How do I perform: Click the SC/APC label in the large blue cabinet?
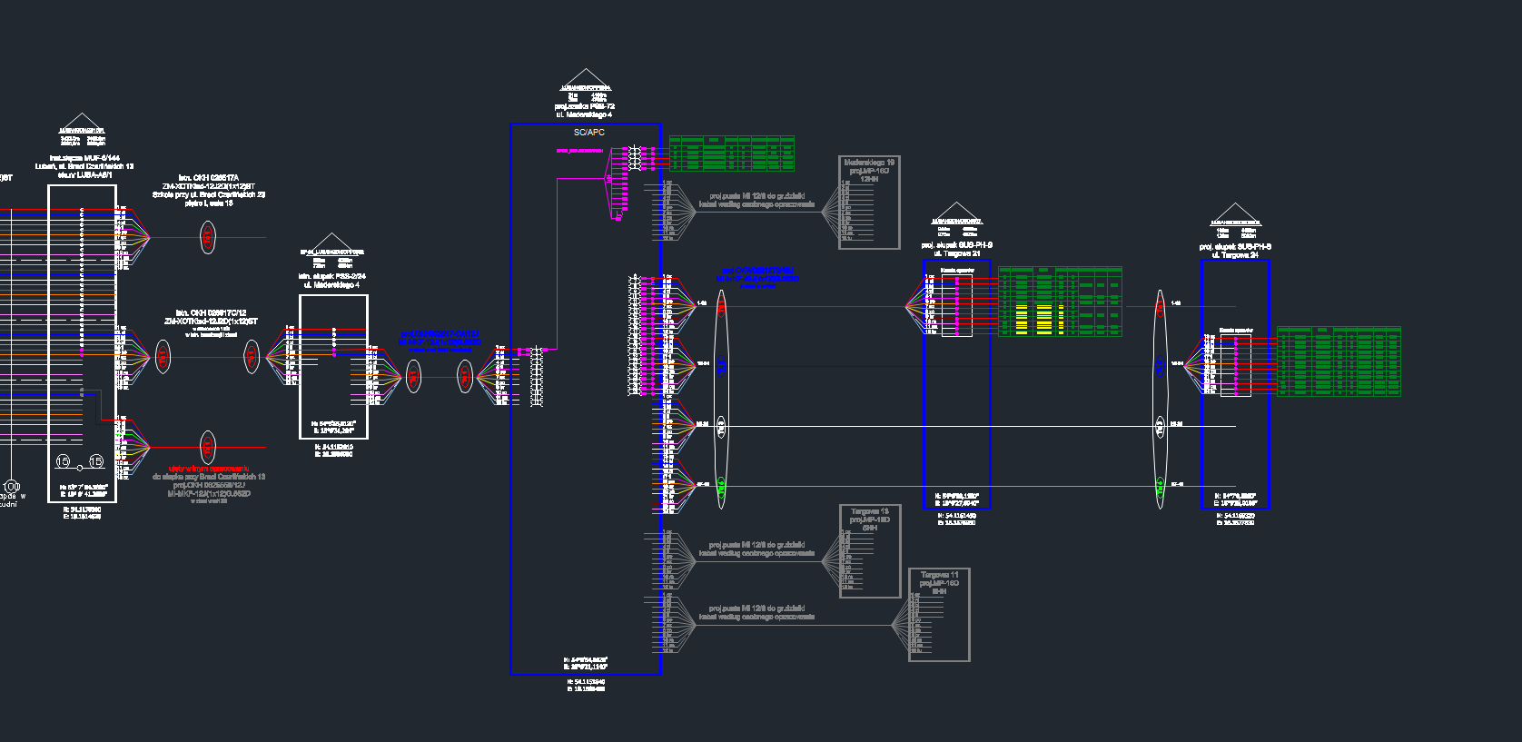click(588, 133)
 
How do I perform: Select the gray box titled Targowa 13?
click(870, 551)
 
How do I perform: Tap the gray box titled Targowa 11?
click(939, 615)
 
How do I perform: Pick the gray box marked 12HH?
click(869, 202)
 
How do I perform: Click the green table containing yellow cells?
click(1060, 302)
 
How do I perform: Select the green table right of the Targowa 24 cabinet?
click(1339, 361)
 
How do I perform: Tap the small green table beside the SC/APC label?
click(732, 153)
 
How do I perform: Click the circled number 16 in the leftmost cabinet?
click(63, 461)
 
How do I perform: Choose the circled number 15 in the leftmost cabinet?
click(95, 461)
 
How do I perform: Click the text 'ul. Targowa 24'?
click(1235, 255)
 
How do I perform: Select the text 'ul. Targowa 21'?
click(957, 254)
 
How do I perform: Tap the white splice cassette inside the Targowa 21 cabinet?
click(956, 305)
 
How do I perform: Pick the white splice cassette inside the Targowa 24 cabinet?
click(1235, 365)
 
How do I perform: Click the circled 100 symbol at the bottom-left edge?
click(12, 486)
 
